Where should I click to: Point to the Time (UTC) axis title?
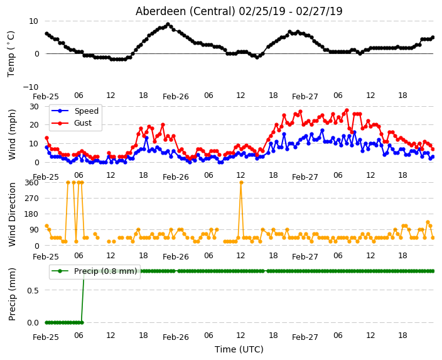pyautogui.click(x=239, y=349)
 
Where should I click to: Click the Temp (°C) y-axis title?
pyautogui.click(x=11, y=54)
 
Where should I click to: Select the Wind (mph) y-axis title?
pyautogui.click(x=12, y=134)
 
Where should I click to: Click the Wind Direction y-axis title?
pyautogui.click(x=12, y=214)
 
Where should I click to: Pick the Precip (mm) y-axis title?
pyautogui.click(x=12, y=294)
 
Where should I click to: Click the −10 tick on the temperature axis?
pyautogui.click(x=31, y=87)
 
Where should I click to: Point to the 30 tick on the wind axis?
pyautogui.click(x=34, y=106)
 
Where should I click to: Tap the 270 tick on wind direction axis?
pyautogui.click(x=32, y=199)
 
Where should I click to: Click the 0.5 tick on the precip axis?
pyautogui.click(x=33, y=290)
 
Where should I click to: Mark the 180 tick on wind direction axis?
pyautogui.click(x=32, y=214)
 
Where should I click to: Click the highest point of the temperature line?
pyautogui.click(x=168, y=25)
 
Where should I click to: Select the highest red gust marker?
pyautogui.click(x=347, y=111)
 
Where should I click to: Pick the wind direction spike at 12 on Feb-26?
pyautogui.click(x=241, y=183)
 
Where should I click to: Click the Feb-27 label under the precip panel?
pyautogui.click(x=305, y=337)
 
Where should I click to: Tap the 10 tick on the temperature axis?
pyautogui.click(x=33, y=21)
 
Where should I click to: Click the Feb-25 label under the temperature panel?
pyautogui.click(x=46, y=97)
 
